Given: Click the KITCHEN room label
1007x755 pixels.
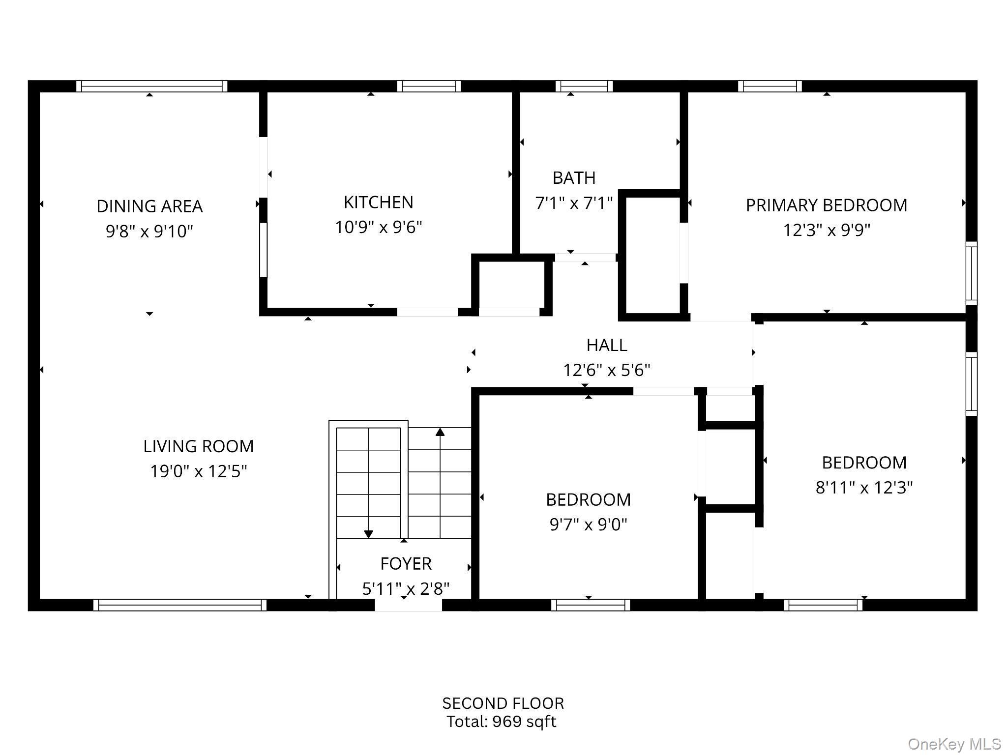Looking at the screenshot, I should click(378, 202).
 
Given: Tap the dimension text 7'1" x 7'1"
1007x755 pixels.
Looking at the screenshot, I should click(574, 203).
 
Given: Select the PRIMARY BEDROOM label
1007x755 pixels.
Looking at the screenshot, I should click(826, 205).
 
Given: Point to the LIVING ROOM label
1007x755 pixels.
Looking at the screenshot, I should click(198, 446).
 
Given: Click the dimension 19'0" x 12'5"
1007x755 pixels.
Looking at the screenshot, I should click(198, 471).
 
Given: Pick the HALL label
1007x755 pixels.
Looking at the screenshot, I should click(606, 345).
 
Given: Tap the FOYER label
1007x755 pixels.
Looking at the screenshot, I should click(406, 563).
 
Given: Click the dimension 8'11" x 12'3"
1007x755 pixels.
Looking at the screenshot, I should click(864, 488).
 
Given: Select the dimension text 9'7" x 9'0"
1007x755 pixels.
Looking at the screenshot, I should click(588, 524).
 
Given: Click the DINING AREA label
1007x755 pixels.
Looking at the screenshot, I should click(149, 206).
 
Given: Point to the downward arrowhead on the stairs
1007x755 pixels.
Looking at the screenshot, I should click(368, 534).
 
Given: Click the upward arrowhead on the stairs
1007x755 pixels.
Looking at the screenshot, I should click(440, 432).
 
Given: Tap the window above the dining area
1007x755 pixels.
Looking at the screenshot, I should click(151, 87).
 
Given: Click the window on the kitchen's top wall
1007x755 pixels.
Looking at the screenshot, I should click(429, 87).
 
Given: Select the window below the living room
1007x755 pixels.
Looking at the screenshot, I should click(179, 605).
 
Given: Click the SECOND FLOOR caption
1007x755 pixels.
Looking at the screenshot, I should click(503, 703).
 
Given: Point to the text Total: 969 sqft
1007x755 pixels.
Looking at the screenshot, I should click(501, 722).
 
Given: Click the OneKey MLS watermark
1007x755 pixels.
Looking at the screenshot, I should click(954, 744).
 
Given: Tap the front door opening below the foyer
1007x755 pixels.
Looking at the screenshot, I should click(408, 606).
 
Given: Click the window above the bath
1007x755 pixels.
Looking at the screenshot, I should click(584, 87).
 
